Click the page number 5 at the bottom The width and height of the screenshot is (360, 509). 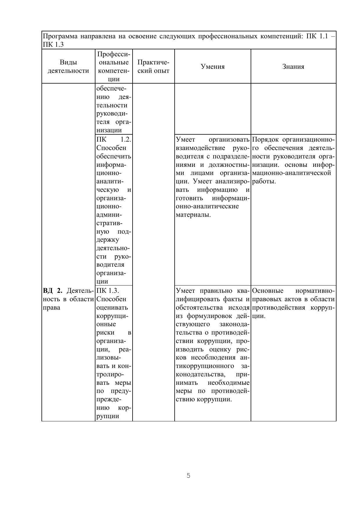(189, 476)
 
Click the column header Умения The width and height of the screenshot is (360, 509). (213, 67)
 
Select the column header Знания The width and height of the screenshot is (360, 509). (293, 67)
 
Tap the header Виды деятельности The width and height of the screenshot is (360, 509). (68, 66)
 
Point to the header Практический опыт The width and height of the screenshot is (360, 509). (153, 66)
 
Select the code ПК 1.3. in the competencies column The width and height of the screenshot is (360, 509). (108, 291)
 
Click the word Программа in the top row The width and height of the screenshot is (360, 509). (60, 36)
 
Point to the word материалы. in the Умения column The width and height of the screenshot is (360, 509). (193, 215)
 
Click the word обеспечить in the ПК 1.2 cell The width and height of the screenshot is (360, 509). (113, 156)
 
